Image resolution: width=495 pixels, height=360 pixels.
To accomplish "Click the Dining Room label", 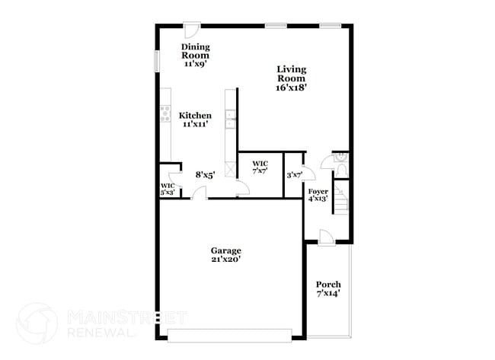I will click(196, 56).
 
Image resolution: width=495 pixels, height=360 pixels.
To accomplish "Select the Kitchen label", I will click(196, 119).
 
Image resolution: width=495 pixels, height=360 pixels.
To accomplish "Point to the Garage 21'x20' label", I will click(226, 254).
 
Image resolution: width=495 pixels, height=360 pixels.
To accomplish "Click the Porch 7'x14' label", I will click(328, 288).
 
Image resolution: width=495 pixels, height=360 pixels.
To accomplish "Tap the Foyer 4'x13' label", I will click(318, 194).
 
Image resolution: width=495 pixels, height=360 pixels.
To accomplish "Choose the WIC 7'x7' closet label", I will click(260, 167).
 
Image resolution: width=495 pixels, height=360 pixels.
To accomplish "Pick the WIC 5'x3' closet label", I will click(168, 189).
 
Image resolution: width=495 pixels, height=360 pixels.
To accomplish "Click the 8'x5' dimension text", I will click(205, 174).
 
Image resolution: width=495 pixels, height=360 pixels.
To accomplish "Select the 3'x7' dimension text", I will click(294, 175).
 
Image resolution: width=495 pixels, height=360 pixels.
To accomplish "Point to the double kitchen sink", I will click(229, 120).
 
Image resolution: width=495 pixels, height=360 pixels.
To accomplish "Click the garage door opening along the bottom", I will click(228, 336).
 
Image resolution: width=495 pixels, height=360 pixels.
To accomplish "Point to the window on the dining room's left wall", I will click(158, 61).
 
